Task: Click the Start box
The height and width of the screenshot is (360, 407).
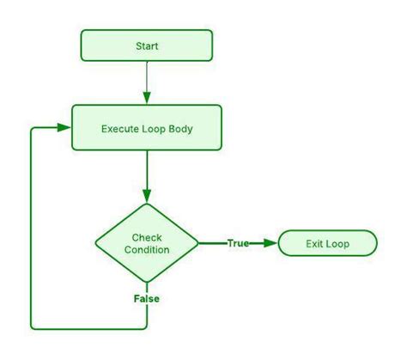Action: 146,46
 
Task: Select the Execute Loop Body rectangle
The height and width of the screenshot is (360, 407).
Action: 146,128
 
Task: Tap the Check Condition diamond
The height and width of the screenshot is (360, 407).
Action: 146,243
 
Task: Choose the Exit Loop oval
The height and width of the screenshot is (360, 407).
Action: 327,243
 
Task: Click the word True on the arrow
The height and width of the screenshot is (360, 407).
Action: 238,243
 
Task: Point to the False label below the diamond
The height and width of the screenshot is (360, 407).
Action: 146,299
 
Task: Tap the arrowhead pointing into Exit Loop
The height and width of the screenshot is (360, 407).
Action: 272,243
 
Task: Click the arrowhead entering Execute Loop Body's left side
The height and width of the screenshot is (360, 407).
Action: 64,128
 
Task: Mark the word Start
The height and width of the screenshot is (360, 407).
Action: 146,46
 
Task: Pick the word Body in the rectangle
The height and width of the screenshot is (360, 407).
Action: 179,128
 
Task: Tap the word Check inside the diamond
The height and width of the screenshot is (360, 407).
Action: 146,237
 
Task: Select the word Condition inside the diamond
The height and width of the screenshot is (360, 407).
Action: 146,250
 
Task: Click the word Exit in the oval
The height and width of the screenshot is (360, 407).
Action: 315,243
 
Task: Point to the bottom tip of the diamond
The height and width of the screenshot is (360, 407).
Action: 146,283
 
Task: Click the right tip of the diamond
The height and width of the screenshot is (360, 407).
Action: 198,243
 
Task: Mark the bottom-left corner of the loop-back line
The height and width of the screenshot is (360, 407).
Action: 32,328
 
